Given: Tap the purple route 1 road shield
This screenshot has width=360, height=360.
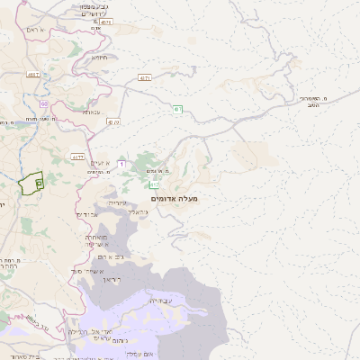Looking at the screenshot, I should coord(121,164).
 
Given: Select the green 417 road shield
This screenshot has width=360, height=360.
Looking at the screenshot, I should coord(177,110).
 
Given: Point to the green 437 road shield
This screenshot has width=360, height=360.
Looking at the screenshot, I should coord(144,80).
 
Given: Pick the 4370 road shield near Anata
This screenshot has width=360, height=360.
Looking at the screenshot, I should coord(112,121).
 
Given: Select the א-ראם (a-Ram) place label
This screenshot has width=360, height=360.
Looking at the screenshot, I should coord(54,30).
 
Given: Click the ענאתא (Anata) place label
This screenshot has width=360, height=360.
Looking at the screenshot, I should coord(91,112).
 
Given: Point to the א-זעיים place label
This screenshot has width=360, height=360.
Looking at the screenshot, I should coord(100,161).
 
